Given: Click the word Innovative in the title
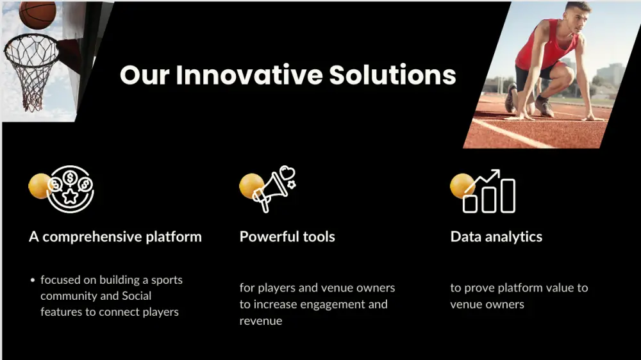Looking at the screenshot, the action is coord(249,75).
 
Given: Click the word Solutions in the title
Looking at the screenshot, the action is coord(392,75).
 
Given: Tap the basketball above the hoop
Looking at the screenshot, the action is coord(37,14).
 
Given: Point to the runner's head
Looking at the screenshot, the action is coord(578,17).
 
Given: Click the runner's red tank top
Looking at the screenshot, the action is coord(547,47).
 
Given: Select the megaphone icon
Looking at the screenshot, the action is coord(270,192).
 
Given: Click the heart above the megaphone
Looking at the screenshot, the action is coord(287,172).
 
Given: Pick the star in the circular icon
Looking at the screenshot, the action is coord(70,196).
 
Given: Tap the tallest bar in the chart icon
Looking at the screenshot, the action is coord(508,196).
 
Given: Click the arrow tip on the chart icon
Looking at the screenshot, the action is coord(497,172).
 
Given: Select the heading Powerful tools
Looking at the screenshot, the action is coord(287,236).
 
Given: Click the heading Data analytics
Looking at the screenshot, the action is coord(496,237).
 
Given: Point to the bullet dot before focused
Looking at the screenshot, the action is coord(33,281).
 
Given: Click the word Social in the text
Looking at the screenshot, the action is coord(137,296).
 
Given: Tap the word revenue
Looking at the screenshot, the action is coord(261,321).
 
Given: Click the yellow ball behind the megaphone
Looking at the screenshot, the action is coord(251,186).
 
